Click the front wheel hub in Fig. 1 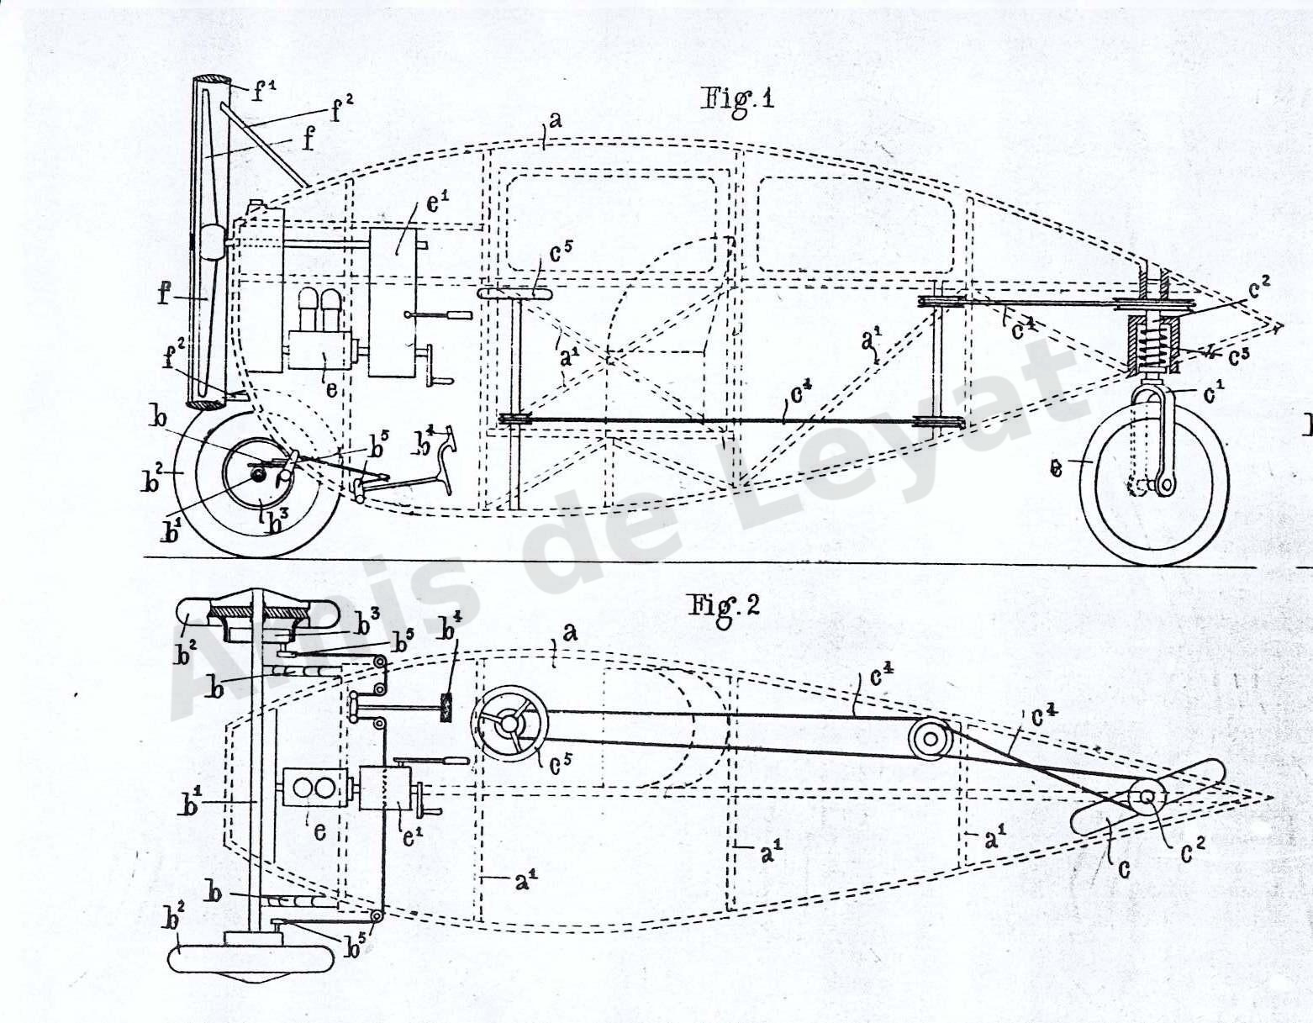(259, 476)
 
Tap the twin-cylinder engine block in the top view (313, 788)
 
